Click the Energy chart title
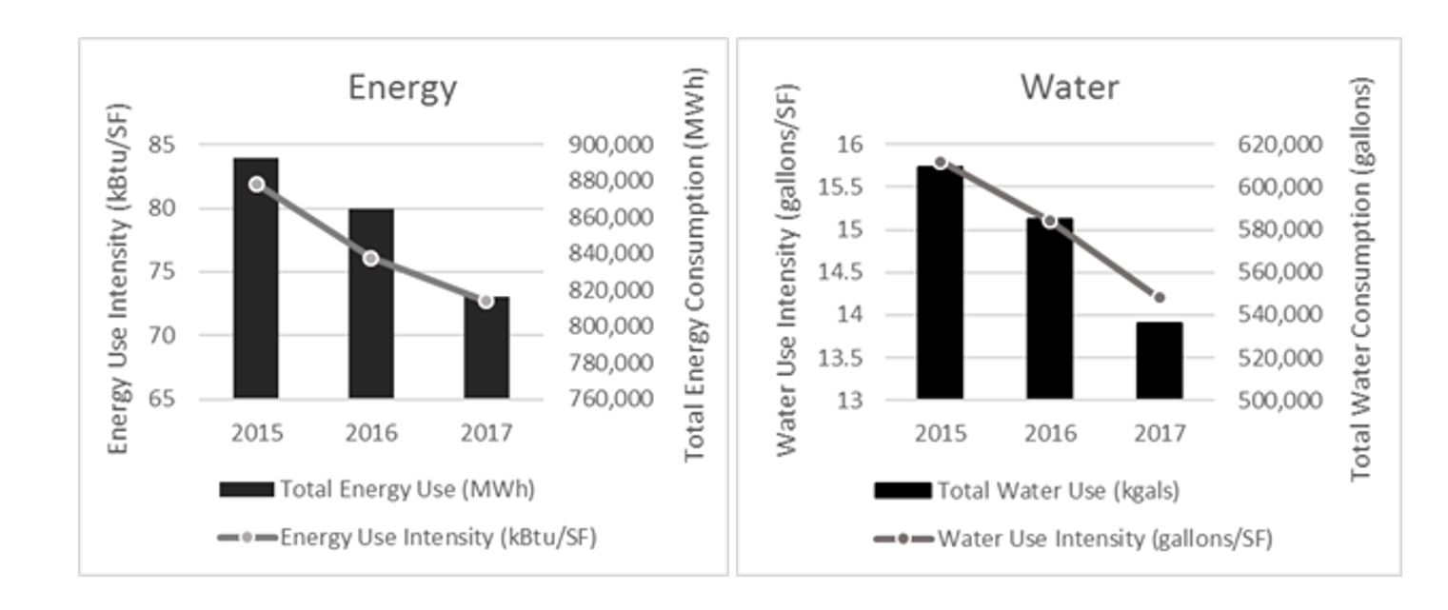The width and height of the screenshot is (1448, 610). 402,88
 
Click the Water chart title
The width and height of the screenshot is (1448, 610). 1069,88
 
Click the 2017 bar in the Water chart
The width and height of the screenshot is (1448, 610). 1159,362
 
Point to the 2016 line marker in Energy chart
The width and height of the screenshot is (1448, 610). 370,258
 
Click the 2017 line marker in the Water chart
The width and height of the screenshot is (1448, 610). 1159,298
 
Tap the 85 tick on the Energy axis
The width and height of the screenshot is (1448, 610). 161,145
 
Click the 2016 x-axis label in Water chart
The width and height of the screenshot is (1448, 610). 1049,434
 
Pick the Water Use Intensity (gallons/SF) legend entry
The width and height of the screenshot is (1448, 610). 1104,539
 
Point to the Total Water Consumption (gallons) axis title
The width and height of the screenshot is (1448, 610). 1361,278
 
